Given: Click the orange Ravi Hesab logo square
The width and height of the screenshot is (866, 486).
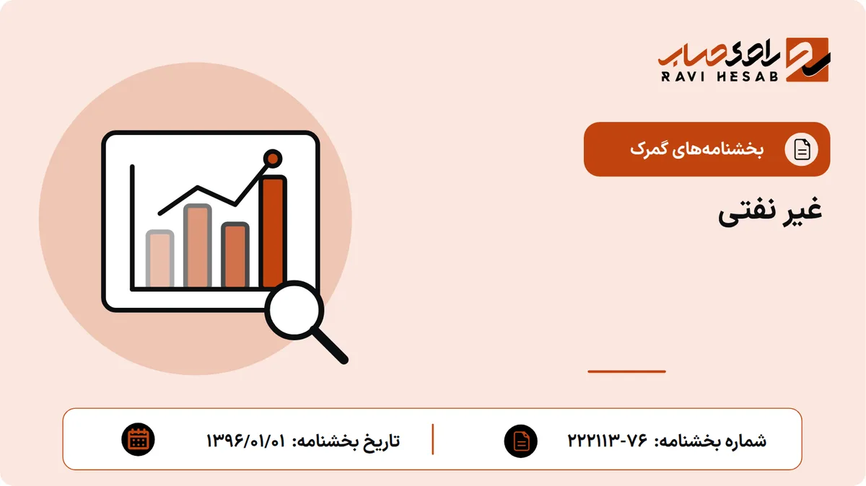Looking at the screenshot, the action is (x=808, y=60).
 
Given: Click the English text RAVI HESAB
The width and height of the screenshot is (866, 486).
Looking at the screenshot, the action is (x=720, y=76).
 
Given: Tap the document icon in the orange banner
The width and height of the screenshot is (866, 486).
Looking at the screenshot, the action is (x=802, y=149).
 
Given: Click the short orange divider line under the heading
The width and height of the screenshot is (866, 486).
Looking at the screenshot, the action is (x=626, y=371).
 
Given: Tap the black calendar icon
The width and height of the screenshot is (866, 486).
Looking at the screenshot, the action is (x=138, y=440).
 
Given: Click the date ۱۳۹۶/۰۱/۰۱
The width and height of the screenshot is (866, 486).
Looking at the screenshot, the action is (x=246, y=441).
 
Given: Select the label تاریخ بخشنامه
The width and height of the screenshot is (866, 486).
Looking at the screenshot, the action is (x=346, y=441).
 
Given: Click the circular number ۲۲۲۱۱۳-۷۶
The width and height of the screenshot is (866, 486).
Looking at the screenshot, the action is (x=608, y=441).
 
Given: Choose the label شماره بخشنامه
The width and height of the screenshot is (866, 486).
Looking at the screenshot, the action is (x=710, y=441).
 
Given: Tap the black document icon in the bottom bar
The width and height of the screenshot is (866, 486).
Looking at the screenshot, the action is (x=521, y=441).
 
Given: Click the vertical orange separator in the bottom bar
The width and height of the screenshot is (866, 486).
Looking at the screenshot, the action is (x=432, y=440).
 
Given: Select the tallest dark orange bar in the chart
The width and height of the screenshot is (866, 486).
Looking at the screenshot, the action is (x=273, y=231).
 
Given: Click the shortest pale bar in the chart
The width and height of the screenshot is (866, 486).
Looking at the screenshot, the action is (x=159, y=259).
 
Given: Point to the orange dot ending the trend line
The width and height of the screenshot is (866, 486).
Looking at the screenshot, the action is (x=273, y=159).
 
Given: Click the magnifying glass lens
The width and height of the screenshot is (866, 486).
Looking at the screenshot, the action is (x=294, y=310).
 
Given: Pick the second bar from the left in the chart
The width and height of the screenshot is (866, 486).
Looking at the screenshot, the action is (x=198, y=246).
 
